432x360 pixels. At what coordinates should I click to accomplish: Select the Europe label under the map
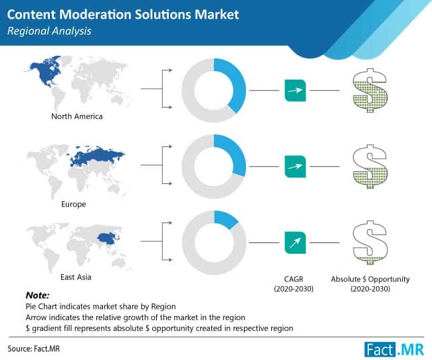pyautogui.click(x=74, y=204)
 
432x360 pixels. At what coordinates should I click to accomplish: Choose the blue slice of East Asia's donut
pyautogui.click(x=227, y=219)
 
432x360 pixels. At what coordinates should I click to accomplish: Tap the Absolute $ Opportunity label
pyautogui.click(x=371, y=279)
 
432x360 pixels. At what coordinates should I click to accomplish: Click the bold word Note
pyautogui.click(x=39, y=294)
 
